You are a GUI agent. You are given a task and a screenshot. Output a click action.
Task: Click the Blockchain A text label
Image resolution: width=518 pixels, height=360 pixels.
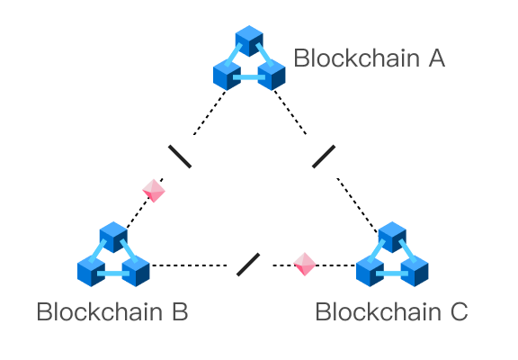pos(370,58)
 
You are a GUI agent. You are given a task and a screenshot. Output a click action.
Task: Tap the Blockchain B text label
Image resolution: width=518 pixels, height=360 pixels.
pos(112,311)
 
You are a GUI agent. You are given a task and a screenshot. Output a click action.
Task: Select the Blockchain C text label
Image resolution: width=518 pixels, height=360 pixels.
pos(391,311)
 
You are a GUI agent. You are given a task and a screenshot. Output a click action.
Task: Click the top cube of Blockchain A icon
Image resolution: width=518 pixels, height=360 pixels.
pos(249,40)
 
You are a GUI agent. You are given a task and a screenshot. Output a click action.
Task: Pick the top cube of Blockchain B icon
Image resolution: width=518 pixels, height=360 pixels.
pos(113,237)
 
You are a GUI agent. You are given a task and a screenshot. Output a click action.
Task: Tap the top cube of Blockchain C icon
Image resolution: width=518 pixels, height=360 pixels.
pos(392,237)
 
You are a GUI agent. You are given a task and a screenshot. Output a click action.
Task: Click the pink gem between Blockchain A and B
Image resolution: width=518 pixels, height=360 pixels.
pos(154,191)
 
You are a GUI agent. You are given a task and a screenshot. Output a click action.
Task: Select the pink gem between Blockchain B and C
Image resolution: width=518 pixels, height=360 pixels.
pos(305,264)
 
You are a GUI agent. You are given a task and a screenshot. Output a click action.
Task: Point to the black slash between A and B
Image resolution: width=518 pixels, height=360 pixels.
pos(180,156)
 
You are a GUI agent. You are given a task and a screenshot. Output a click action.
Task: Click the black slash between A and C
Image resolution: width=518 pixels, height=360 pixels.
pos(324,156)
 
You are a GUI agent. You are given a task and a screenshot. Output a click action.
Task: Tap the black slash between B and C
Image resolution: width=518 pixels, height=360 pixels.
pos(248,264)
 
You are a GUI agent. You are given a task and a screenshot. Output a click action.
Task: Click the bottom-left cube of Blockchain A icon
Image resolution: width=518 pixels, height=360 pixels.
pos(227,75)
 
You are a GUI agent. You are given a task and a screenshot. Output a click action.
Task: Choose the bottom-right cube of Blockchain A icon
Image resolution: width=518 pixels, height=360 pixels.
pos(272,75)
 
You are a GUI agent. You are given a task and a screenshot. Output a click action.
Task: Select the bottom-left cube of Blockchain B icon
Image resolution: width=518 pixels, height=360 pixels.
pos(91,271)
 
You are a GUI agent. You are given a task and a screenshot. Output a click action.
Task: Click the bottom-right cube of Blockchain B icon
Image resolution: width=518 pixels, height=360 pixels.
pos(136,271)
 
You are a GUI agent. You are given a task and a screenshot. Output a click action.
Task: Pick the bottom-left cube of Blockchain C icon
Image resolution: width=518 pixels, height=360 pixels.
pos(370,271)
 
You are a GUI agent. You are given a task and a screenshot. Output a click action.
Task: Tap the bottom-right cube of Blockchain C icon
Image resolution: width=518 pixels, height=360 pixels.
pos(415,271)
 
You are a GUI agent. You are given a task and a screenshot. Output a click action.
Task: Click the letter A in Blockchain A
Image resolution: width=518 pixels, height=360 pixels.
pos(437,58)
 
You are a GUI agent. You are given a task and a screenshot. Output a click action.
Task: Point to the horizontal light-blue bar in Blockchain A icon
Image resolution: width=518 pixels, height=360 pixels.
pos(249,77)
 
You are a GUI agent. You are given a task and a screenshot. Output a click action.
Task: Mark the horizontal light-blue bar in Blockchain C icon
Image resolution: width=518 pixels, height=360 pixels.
pos(392,274)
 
